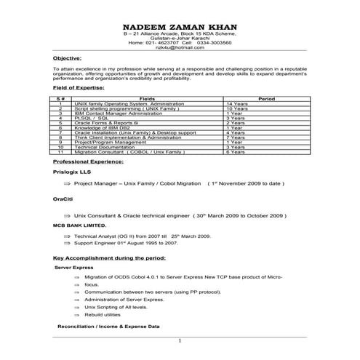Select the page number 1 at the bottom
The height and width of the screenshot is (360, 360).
[180, 341]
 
